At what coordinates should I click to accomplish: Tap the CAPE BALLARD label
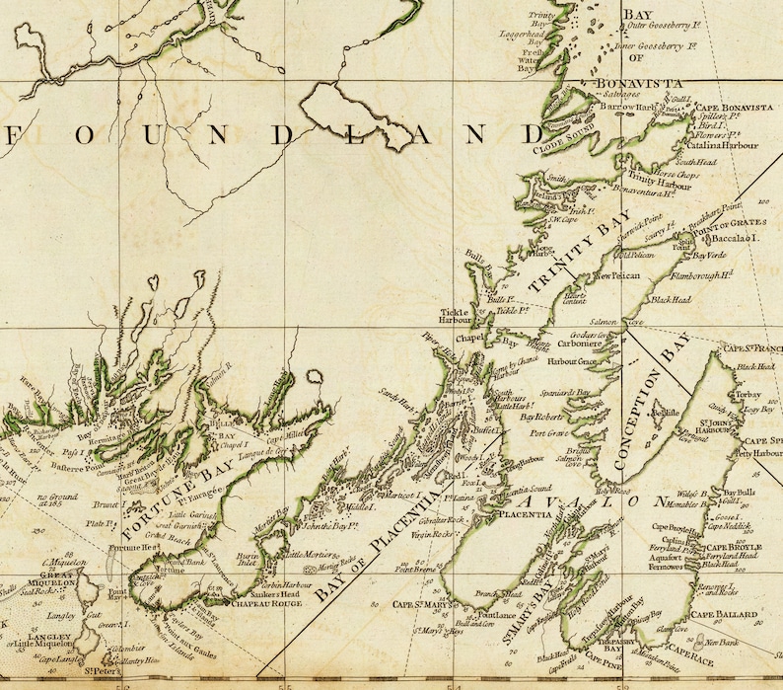[725, 614]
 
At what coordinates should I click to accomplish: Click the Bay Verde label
[708, 255]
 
